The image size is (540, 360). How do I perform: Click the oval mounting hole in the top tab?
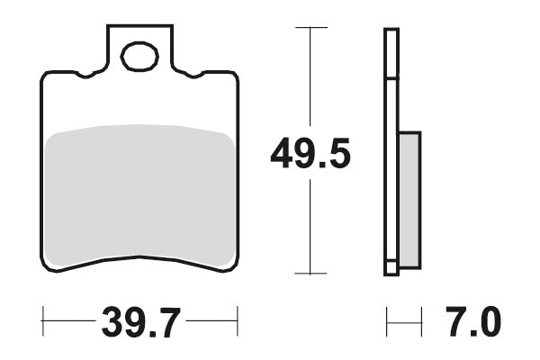[x=139, y=58]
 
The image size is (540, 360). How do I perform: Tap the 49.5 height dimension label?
[x=310, y=155]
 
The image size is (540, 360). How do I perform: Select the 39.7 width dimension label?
[x=141, y=320]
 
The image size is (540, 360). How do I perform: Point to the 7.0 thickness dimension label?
[x=473, y=320]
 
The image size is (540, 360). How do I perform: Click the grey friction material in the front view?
[x=139, y=193]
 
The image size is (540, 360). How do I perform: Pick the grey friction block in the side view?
[x=409, y=200]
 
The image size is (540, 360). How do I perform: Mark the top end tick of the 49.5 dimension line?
[x=310, y=28]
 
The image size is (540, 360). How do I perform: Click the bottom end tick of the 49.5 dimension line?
[x=310, y=273]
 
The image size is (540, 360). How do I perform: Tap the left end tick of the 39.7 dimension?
[x=42, y=319]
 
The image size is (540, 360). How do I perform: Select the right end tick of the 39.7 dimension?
[x=237, y=319]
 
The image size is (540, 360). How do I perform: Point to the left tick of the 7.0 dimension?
[x=386, y=319]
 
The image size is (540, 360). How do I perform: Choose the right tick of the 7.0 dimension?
[x=421, y=319]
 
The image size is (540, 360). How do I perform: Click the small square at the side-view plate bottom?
[x=391, y=268]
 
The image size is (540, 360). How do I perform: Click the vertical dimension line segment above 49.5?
[x=310, y=81]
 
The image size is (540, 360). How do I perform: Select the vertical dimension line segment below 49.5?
[x=310, y=225]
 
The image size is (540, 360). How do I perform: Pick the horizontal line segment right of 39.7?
[x=211, y=319]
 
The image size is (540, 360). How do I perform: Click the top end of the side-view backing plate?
[x=391, y=32]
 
